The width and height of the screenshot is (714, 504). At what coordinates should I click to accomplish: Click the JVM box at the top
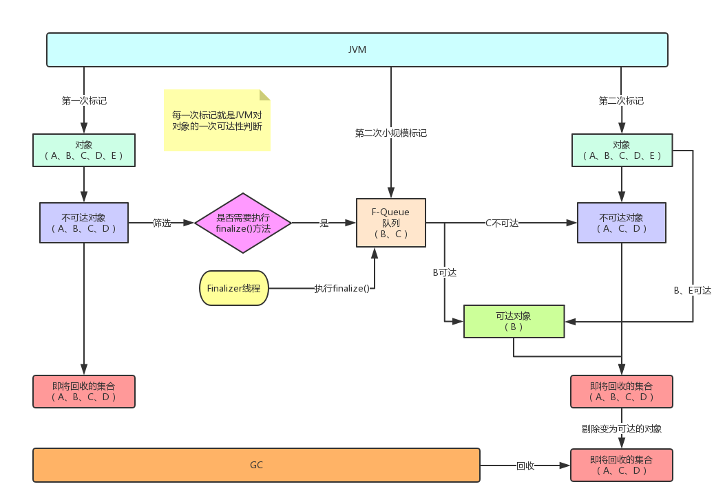click(x=357, y=50)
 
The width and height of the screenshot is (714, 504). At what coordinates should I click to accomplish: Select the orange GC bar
click(x=256, y=465)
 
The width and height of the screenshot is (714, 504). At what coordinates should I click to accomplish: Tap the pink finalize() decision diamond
click(x=243, y=223)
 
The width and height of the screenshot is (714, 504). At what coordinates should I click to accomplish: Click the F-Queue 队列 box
click(x=390, y=223)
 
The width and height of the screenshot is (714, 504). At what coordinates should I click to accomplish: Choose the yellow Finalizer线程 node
click(x=233, y=289)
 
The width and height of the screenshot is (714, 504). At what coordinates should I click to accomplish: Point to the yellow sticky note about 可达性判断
click(x=217, y=120)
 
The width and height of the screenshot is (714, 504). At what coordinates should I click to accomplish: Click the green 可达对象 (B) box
click(x=514, y=322)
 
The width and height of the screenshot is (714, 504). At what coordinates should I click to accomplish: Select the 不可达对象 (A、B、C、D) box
click(x=84, y=223)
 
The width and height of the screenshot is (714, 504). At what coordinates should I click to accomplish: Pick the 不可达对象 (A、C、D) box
click(x=621, y=223)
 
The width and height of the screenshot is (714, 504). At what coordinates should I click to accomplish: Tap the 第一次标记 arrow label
click(x=84, y=100)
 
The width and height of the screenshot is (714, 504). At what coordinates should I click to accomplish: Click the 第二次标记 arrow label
click(x=621, y=100)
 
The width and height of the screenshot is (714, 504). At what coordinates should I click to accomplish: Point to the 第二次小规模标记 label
click(x=390, y=133)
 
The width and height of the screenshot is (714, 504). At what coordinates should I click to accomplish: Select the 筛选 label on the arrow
click(x=162, y=223)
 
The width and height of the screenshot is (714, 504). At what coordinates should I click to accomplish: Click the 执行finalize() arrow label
click(x=342, y=288)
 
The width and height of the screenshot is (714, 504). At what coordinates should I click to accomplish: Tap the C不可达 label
click(x=501, y=223)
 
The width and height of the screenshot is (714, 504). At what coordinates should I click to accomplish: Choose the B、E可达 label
click(x=692, y=291)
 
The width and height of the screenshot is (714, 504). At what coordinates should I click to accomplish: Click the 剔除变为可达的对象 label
click(x=621, y=428)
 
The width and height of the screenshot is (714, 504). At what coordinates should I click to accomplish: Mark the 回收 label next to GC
click(x=525, y=465)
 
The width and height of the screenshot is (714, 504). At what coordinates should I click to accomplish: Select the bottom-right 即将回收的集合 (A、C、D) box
click(x=621, y=465)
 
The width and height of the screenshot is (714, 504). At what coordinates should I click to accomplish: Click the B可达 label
click(x=444, y=272)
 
